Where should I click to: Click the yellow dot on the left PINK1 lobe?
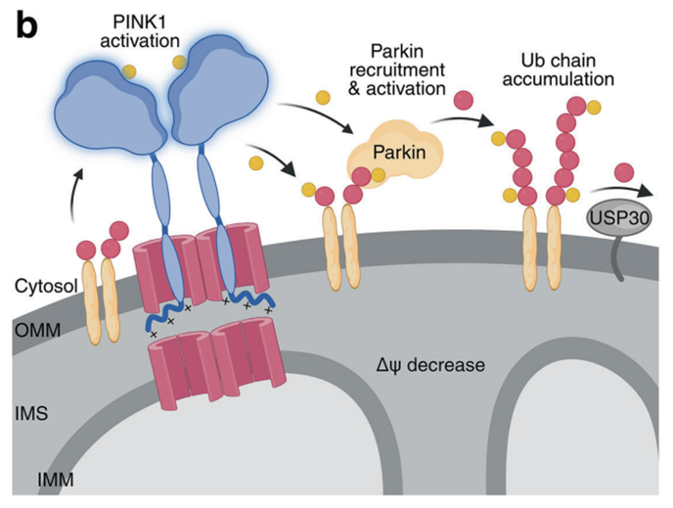(129, 70)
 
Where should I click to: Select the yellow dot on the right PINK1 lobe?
(179, 63)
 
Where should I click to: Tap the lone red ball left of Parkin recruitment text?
(322, 97)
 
